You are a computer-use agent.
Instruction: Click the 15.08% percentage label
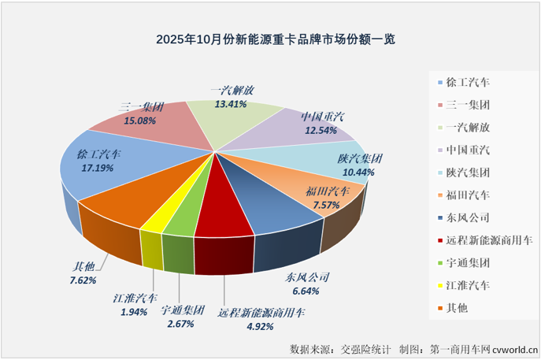[140, 121]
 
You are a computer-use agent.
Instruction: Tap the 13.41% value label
[233, 103]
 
